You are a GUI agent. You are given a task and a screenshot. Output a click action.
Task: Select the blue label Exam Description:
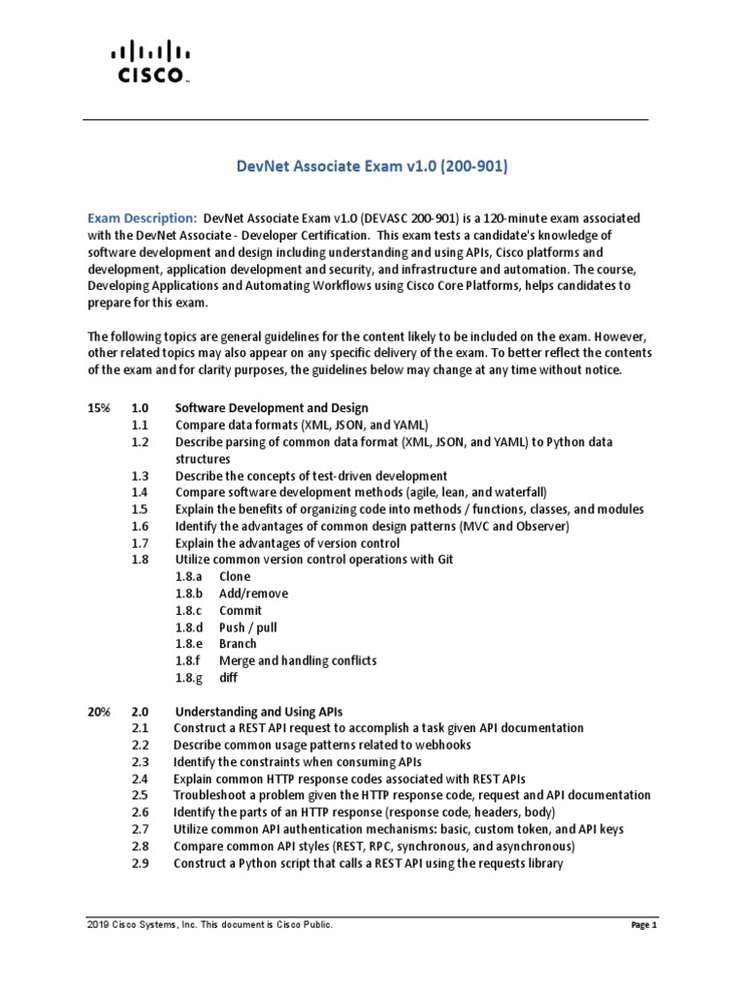point(143,218)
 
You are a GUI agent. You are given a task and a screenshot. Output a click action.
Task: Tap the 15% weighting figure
point(99,408)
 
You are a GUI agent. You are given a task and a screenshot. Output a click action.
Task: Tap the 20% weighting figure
point(99,711)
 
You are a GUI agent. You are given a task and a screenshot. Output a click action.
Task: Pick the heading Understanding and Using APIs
point(257,711)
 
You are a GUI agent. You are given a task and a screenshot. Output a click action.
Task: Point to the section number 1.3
point(140,476)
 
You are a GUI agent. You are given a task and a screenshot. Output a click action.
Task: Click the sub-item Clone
point(235,577)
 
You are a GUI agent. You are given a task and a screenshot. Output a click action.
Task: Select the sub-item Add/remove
point(253,593)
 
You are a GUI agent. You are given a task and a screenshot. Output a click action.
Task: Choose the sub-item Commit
point(241,610)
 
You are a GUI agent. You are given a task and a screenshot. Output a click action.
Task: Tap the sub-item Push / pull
point(247,627)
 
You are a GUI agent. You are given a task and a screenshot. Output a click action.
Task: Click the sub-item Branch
point(238,644)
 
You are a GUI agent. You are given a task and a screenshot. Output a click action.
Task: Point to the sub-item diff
point(228,678)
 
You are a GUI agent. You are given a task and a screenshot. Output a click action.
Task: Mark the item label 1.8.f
point(188,660)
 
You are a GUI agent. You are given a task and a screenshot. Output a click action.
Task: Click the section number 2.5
point(140,795)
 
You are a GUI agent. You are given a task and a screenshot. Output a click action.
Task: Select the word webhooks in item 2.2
point(443,745)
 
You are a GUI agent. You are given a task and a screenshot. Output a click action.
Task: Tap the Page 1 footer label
point(644,926)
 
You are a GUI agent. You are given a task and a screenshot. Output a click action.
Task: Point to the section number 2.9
point(140,862)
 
